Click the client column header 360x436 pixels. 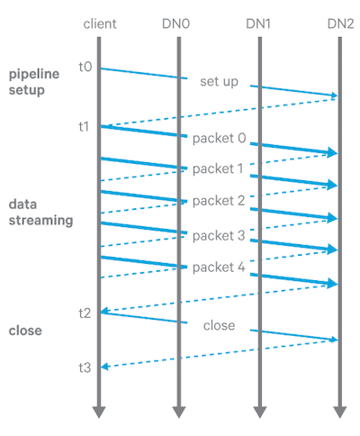(100, 24)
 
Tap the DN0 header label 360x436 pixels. (176, 24)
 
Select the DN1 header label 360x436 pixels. (258, 24)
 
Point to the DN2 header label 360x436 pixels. (341, 24)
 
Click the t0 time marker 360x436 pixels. (85, 67)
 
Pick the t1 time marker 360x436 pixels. (84, 126)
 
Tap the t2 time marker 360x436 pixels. (85, 313)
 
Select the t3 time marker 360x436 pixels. (85, 368)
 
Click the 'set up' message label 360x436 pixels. (220, 82)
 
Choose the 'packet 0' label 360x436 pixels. (220, 139)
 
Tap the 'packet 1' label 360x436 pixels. (218, 169)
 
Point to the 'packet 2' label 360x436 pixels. (219, 201)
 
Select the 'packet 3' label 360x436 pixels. (219, 236)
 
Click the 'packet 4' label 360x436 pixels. (219, 268)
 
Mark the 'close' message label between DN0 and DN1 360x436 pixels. (220, 325)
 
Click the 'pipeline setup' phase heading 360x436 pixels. (34, 82)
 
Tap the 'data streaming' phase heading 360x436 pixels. (41, 213)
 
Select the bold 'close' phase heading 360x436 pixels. (25, 331)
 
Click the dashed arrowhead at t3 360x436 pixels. (104, 367)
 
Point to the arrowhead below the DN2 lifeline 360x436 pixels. (340, 412)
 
